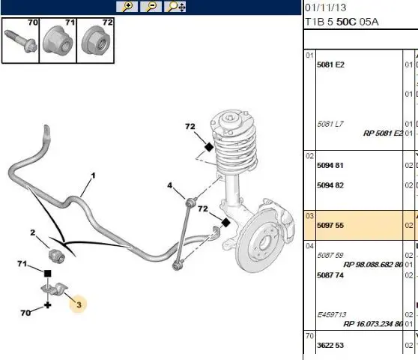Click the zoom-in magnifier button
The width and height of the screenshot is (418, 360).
click(x=127, y=7)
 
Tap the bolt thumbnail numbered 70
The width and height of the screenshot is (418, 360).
click(x=20, y=40)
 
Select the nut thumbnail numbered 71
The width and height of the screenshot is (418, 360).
click(x=58, y=40)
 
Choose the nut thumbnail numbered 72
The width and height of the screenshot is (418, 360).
click(x=95, y=40)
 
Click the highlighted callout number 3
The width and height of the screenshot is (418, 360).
click(x=79, y=304)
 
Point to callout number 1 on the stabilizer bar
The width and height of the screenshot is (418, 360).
click(x=93, y=175)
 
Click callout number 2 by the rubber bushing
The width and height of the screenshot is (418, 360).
click(x=32, y=232)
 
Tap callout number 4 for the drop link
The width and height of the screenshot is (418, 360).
click(x=170, y=185)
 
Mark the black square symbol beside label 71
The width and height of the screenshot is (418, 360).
click(x=47, y=273)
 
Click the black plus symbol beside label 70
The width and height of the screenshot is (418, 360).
click(x=47, y=305)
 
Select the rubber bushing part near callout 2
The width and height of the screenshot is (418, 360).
click(x=56, y=255)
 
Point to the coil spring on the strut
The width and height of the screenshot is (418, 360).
click(x=235, y=148)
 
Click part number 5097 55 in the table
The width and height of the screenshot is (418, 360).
click(x=330, y=226)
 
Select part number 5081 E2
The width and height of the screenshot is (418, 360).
click(x=330, y=64)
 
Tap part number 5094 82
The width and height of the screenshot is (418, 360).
click(x=330, y=185)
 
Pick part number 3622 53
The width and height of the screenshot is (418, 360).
click(x=330, y=345)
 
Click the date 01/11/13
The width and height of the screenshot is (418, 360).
click(x=326, y=7)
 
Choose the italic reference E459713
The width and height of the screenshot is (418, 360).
click(x=332, y=315)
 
